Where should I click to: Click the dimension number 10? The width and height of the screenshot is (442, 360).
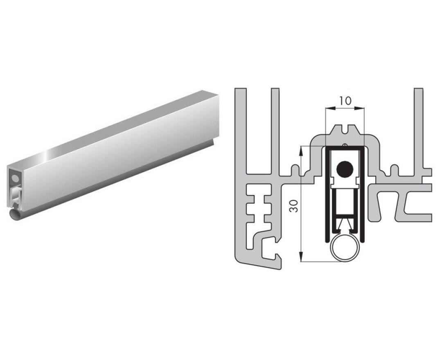(345, 101)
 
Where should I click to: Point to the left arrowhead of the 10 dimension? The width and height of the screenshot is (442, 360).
(327, 108)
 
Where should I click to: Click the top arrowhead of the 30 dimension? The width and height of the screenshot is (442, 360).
(301, 148)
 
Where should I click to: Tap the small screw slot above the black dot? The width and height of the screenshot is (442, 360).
(345, 144)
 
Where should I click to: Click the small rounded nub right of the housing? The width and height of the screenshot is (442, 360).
(395, 169)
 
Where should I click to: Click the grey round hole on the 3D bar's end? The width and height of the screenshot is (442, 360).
(16, 178)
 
